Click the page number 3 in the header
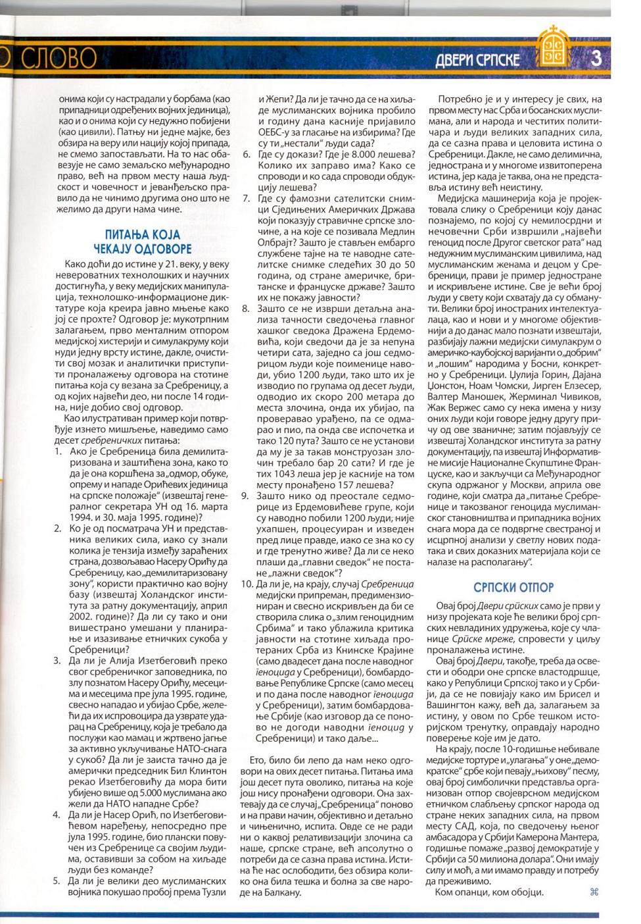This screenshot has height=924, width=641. click(x=596, y=57)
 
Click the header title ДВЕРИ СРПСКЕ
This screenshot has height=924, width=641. click(x=477, y=60)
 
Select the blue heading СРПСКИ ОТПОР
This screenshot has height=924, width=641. click(x=513, y=587)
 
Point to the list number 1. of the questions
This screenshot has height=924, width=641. click(x=57, y=451)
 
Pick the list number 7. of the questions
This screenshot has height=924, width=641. click(x=247, y=197)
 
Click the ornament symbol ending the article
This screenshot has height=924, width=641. click(x=594, y=892)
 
